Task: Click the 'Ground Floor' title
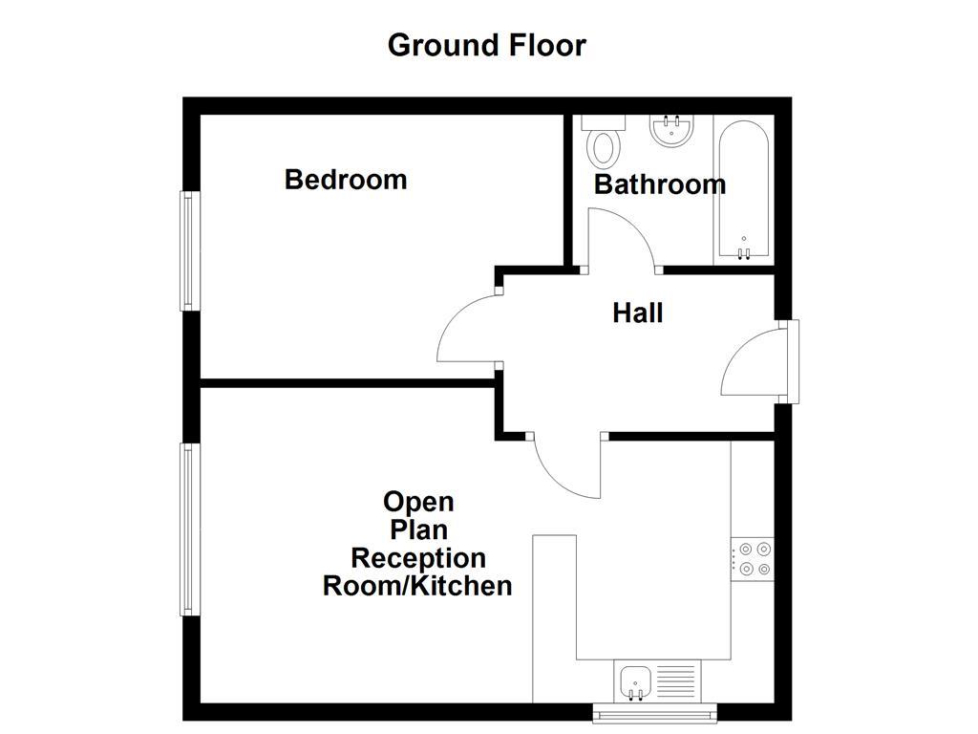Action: (486, 45)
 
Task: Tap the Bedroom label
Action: (346, 180)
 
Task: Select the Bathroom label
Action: (659, 184)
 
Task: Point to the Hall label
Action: (637, 313)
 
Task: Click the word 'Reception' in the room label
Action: (417, 557)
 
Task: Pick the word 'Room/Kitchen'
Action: (417, 586)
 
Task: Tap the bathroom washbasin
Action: (670, 131)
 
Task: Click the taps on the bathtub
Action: (744, 252)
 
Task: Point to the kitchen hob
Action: (754, 559)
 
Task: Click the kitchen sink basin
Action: (635, 682)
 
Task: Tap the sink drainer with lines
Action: (677, 682)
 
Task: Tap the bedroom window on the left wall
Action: (188, 250)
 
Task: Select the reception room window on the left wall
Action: (188, 529)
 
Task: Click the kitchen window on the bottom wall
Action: (654, 711)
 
